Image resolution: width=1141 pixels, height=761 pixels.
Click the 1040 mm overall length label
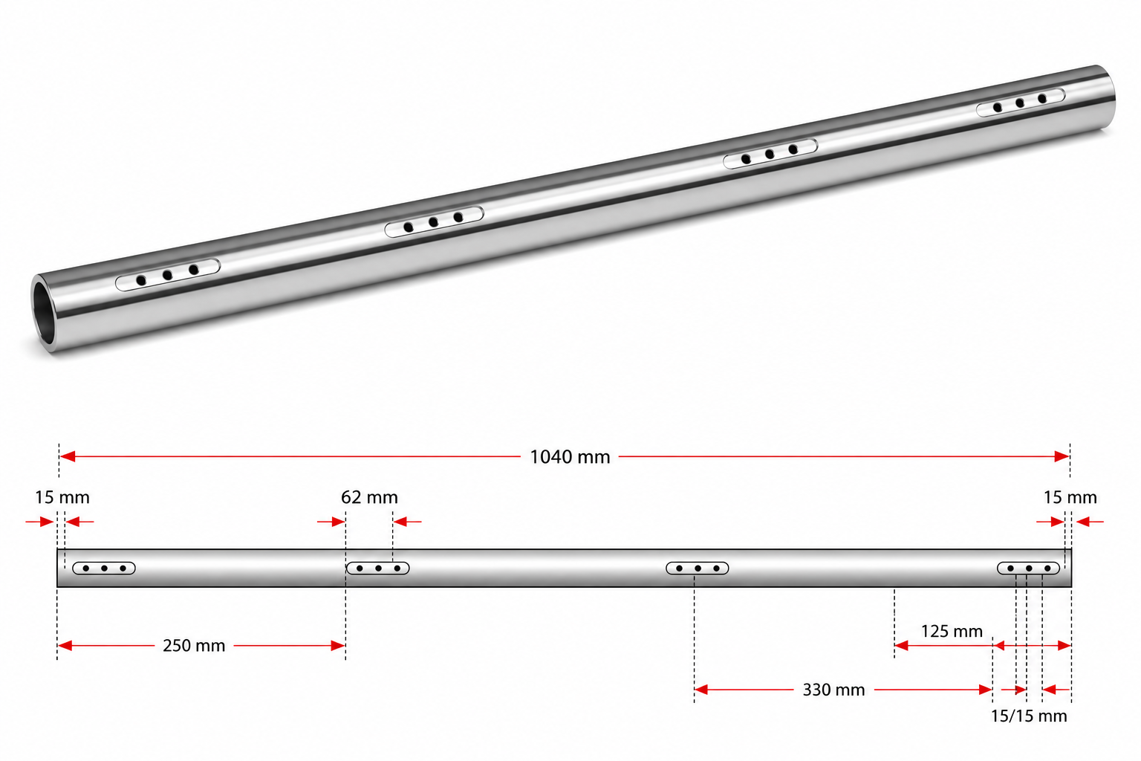[570, 457]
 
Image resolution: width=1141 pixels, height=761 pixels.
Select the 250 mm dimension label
[194, 646]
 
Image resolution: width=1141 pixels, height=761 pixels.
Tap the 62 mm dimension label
[369, 497]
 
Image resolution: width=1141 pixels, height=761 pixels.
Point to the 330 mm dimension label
[834, 690]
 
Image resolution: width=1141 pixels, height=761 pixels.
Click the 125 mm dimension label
[952, 632]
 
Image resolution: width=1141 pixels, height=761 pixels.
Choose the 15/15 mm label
[1029, 716]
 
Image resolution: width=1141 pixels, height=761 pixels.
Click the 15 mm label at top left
[62, 497]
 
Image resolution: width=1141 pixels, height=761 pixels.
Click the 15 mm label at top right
[1070, 497]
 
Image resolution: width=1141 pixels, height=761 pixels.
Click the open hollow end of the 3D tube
[45, 313]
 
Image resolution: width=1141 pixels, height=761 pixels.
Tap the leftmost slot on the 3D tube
[168, 275]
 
